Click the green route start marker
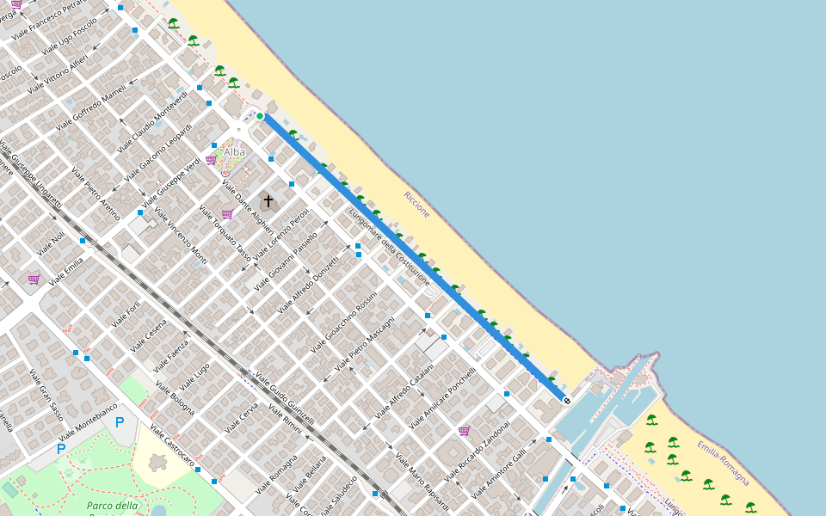coord(260,116)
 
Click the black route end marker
coord(566,401)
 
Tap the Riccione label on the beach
coord(417,205)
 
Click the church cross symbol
coord(268,201)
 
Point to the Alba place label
coord(234,152)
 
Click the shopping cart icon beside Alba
coord(211,160)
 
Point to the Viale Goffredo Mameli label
coord(90,107)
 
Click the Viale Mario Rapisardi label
coord(422,482)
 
